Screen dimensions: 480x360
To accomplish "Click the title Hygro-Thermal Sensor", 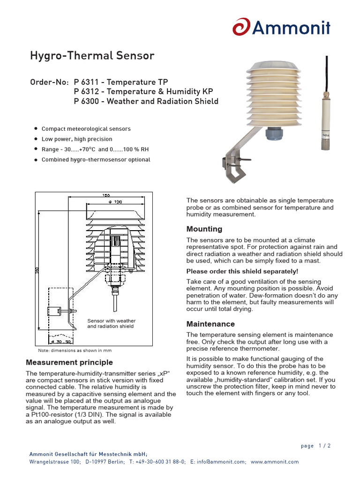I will coord(92,56).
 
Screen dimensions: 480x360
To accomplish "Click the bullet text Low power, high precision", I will coord(77,139).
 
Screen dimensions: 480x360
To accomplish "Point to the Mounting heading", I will coord(204,229).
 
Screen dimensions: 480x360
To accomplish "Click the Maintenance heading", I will coord(210,324).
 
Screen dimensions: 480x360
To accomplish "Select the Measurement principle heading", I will coord(69,362).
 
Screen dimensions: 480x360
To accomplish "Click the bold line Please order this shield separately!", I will coord(242,271).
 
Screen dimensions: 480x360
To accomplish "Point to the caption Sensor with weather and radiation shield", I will coord(111,323).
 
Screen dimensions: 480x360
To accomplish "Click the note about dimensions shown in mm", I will coord(75,350).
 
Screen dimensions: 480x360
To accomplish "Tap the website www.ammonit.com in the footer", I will coord(274,462).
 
